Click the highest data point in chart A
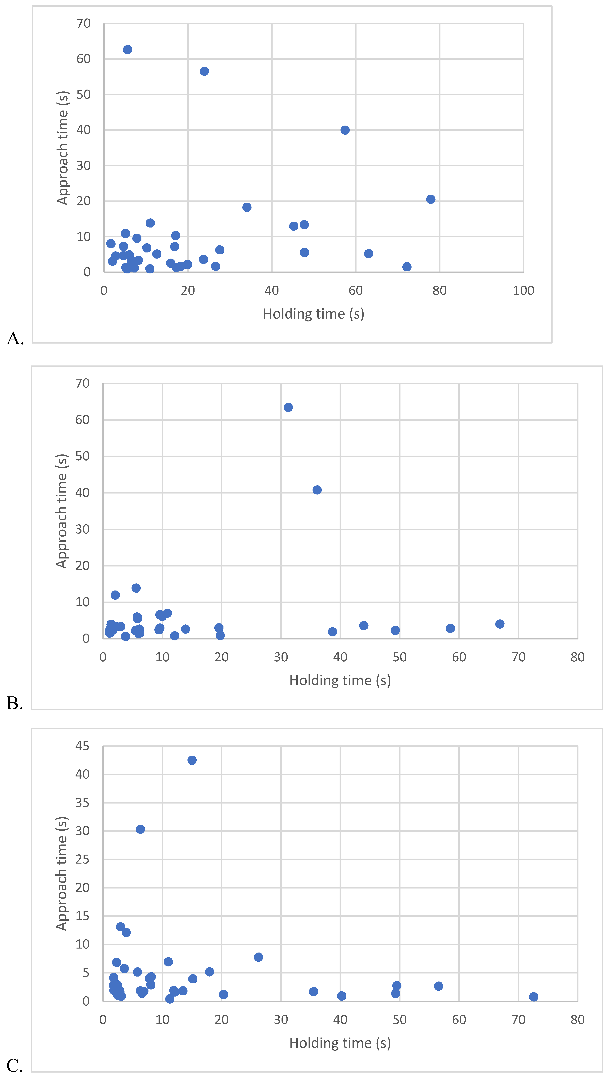[x=128, y=50]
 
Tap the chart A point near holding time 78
[x=431, y=199]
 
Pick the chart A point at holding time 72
[x=407, y=267]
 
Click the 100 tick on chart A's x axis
[x=523, y=291]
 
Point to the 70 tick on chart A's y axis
[x=84, y=23]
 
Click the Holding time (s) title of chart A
[x=313, y=314]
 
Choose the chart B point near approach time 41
[x=317, y=490]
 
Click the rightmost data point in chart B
[x=499, y=624]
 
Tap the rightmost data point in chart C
[x=533, y=997]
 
